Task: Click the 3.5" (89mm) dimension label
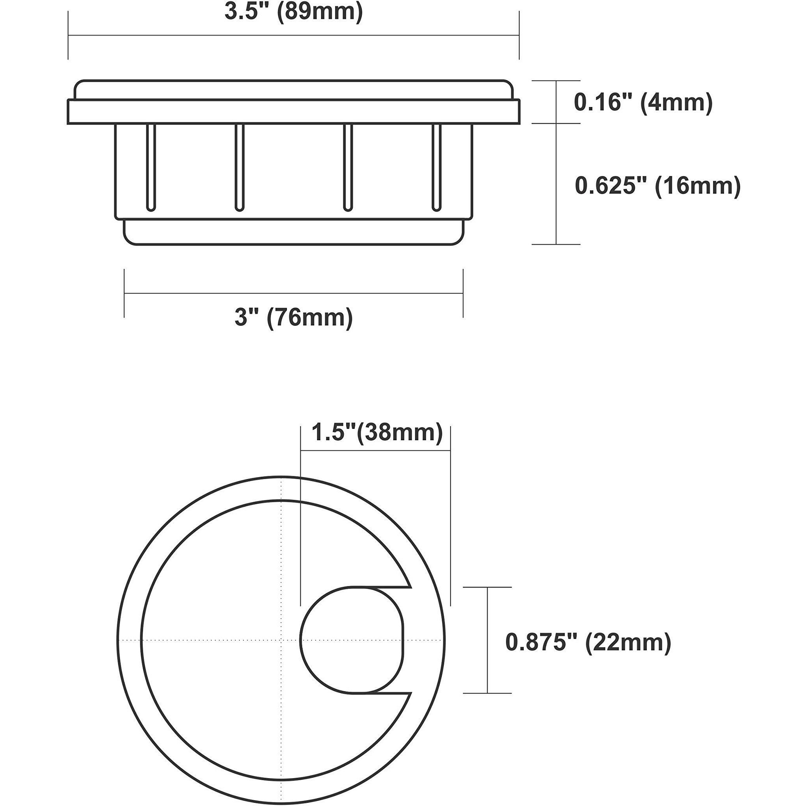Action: click(293, 12)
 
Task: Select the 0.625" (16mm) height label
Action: click(657, 186)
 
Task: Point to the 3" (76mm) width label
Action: click(293, 318)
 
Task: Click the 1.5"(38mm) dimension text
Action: click(377, 433)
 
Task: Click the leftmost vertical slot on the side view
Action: click(151, 167)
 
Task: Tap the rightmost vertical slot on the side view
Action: click(436, 167)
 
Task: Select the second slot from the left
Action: click(239, 167)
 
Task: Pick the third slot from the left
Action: click(347, 167)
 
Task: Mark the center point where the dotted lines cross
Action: click(282, 639)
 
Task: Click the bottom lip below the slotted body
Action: click(293, 232)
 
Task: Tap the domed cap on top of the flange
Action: click(293, 89)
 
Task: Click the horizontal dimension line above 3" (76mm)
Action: click(293, 293)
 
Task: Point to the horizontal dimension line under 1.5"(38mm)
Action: click(376, 450)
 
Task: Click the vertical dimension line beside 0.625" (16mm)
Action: click(556, 183)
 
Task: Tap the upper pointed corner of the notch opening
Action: click(410, 587)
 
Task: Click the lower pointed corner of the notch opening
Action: click(411, 693)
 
